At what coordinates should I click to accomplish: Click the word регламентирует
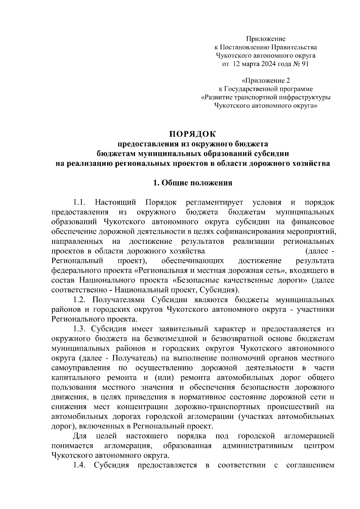(214, 202)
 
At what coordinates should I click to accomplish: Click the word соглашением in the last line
(310, 465)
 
